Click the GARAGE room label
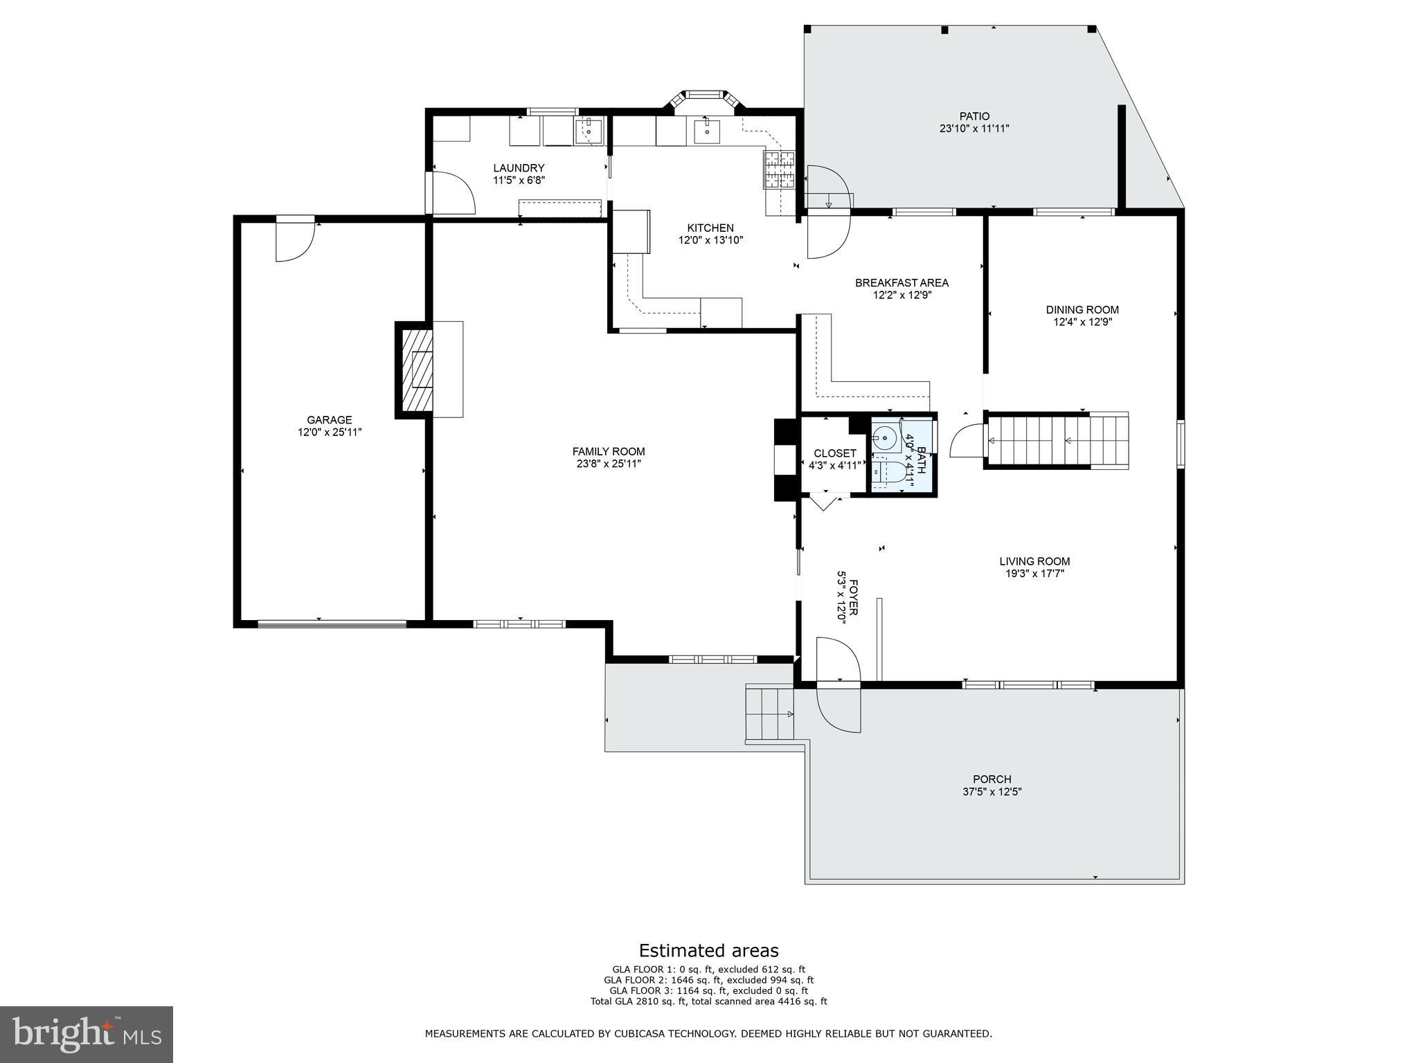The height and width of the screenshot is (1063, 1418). click(330, 419)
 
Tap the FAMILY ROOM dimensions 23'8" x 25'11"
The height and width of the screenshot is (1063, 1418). click(609, 464)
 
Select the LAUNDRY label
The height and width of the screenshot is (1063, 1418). click(519, 167)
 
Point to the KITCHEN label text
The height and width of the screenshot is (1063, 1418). click(710, 228)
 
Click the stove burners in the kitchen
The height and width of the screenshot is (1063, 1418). click(780, 170)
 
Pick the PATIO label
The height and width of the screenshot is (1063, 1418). click(973, 116)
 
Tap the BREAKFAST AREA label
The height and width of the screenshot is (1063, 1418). click(901, 282)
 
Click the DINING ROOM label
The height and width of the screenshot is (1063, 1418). click(1082, 309)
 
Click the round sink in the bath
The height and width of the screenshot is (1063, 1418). click(884, 439)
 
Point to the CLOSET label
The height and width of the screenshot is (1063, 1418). click(834, 453)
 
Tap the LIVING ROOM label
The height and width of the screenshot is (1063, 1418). click(1034, 561)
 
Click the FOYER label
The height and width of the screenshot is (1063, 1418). click(854, 597)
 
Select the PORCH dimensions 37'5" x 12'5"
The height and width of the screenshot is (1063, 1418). click(991, 792)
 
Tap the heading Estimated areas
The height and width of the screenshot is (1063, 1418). click(708, 950)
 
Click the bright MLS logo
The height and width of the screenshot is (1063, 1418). click(87, 1034)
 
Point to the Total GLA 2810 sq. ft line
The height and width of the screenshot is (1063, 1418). click(708, 1001)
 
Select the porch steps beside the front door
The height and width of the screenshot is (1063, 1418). click(769, 713)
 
